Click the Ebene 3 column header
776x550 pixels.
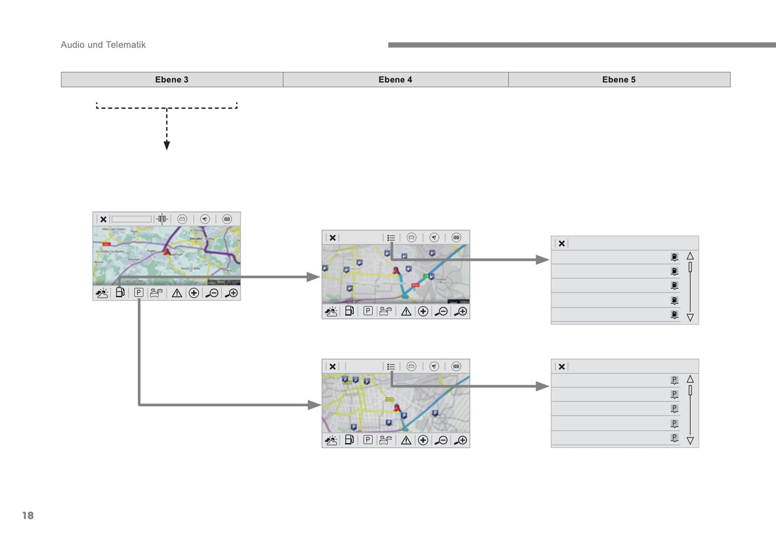click(172, 79)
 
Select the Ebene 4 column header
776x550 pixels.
click(395, 79)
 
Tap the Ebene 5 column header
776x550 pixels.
click(619, 79)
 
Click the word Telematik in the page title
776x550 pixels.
click(126, 45)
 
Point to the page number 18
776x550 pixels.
click(28, 515)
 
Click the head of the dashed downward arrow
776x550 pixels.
click(166, 145)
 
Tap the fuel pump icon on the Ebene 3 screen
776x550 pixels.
click(120, 292)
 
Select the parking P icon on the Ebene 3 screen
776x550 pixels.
click(139, 292)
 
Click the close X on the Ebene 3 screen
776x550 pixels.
click(103, 219)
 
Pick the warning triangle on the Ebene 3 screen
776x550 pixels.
click(177, 293)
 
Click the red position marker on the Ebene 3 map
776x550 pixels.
click(166, 251)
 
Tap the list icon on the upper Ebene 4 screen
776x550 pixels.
click(391, 238)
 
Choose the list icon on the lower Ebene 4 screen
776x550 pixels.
click(391, 366)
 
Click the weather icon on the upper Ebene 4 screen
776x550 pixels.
click(331, 311)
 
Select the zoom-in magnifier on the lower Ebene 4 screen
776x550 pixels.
click(461, 441)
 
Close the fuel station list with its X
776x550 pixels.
click(562, 244)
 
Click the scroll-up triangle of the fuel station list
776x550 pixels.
click(690, 256)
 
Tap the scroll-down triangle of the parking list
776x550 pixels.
click(690, 441)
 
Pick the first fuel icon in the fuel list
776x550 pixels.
click(675, 257)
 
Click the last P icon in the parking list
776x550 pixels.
click(675, 438)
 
